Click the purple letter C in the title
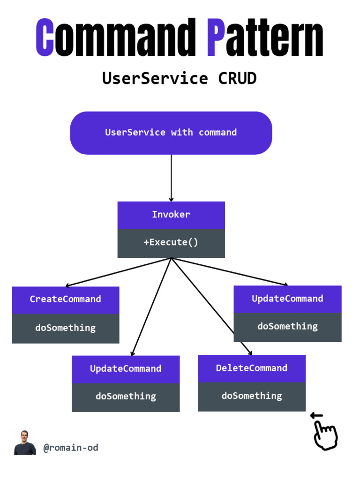45,37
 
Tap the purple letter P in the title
215,37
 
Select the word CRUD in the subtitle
237,78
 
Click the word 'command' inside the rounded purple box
217,132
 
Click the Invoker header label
171,215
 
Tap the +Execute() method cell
171,242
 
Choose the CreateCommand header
65,299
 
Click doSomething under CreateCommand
65,328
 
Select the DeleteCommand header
252,368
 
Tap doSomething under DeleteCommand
252,396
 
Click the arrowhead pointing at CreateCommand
68,285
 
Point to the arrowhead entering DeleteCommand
250,353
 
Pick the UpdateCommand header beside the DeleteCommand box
126,368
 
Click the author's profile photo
25,442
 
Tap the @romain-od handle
71,448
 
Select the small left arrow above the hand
317,415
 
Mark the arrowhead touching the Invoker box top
171,200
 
